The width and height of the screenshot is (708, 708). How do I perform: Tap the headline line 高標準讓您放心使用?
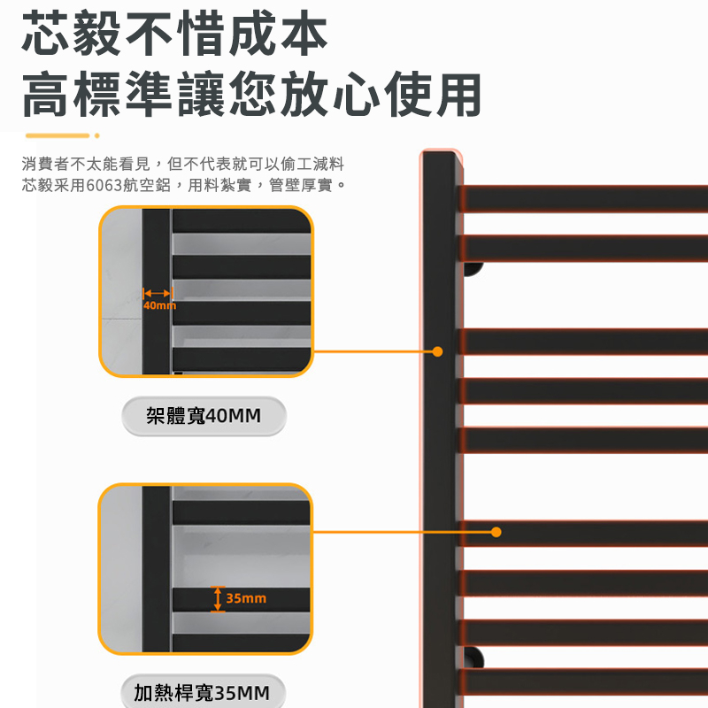point(252,95)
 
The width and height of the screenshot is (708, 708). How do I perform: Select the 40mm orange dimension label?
point(159,305)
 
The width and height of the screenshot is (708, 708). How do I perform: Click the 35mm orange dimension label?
point(246,599)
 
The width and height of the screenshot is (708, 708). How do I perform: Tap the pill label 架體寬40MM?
point(204,416)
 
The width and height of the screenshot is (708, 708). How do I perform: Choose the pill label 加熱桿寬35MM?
point(202,692)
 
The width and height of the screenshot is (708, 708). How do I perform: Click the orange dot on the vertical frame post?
point(437,351)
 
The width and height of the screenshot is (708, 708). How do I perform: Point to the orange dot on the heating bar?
point(496,532)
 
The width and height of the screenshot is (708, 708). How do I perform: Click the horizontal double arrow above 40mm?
point(157,292)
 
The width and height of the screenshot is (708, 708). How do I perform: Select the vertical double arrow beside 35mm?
point(218,598)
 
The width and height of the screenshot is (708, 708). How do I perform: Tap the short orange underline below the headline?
point(58,135)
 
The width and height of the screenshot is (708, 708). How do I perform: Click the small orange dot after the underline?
point(96,135)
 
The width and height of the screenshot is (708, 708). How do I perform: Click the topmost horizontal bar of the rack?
point(584,198)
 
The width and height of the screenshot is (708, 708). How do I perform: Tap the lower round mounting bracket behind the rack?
point(474,657)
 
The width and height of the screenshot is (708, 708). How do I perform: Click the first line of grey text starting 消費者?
point(183,164)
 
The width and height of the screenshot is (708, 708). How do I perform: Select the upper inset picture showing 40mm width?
point(206,292)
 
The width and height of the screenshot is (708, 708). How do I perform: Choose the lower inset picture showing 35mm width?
point(206,569)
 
